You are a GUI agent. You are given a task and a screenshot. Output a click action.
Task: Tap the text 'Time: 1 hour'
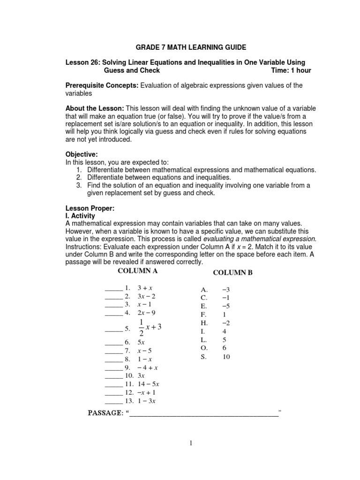pyautogui.click(x=291, y=70)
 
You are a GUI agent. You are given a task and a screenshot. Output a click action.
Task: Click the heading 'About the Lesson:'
pyautogui.click(x=94, y=108)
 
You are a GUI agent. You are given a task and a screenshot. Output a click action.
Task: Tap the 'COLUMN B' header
pyautogui.click(x=232, y=272)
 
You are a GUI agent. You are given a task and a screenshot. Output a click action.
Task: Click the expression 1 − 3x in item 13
pyautogui.click(x=146, y=401)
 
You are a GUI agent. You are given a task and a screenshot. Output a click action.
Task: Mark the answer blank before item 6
pyautogui.click(x=113, y=343)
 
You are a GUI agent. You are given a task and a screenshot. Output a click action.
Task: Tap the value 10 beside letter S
pyautogui.click(x=226, y=357)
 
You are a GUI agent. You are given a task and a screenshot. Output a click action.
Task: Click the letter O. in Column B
pyautogui.click(x=204, y=348)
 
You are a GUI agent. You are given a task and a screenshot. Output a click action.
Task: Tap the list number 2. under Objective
pyautogui.click(x=79, y=177)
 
